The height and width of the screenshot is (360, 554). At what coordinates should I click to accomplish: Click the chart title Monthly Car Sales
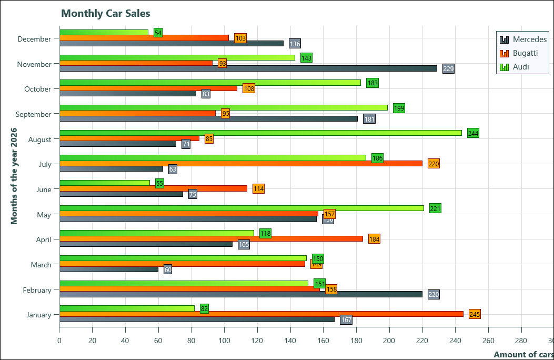[105, 13]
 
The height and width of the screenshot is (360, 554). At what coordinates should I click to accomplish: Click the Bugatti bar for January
[261, 314]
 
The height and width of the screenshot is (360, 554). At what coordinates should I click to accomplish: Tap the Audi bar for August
[260, 133]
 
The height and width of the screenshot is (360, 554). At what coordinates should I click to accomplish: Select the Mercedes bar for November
[248, 68]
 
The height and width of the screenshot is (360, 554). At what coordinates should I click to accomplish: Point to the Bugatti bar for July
[241, 163]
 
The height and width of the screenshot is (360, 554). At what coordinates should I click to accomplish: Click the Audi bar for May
[241, 208]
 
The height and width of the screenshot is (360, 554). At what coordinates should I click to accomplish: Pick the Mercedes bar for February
[241, 294]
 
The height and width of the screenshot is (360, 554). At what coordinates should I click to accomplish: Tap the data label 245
[475, 314]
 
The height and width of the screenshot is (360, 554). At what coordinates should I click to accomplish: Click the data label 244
[473, 133]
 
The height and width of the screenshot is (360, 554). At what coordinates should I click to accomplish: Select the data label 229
[448, 68]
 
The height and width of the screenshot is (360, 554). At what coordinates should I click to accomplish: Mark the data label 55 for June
[159, 183]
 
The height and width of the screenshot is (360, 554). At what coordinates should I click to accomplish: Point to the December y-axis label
[34, 39]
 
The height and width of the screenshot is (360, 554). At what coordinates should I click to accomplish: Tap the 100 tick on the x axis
[224, 340]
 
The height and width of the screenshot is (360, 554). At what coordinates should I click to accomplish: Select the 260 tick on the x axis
[488, 340]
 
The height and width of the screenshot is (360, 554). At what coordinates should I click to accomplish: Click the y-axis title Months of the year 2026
[14, 175]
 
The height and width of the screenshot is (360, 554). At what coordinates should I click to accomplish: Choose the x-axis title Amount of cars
[523, 355]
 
